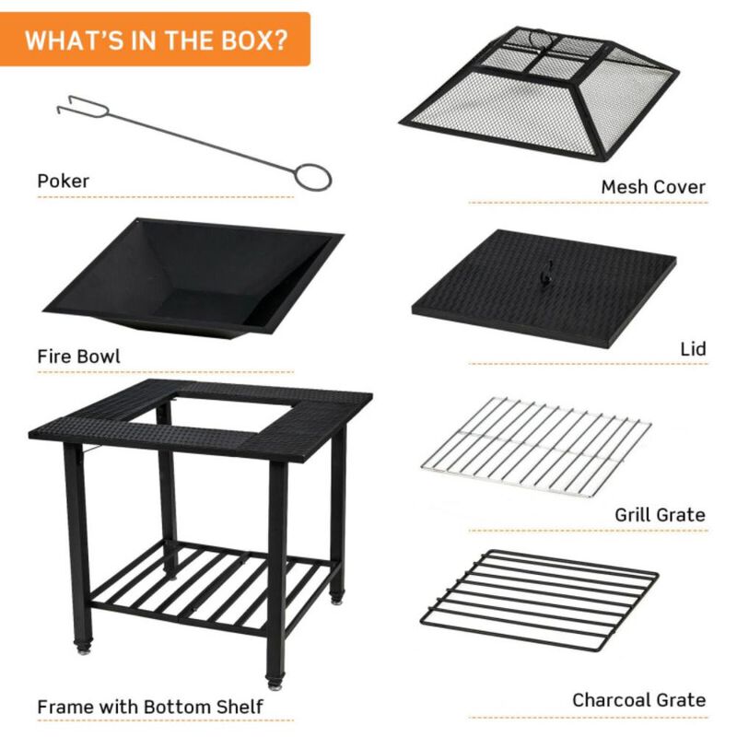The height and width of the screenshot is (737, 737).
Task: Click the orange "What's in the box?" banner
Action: (155, 41)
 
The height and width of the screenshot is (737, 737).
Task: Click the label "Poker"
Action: (64, 181)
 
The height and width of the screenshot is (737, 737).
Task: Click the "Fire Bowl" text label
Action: (78, 356)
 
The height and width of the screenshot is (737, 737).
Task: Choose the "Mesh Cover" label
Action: (652, 187)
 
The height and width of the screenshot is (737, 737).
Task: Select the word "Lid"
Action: (692, 349)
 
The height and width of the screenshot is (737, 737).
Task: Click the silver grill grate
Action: (536, 446)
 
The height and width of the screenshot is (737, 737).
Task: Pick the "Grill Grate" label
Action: (660, 515)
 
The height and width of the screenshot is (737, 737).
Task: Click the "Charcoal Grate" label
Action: (638, 700)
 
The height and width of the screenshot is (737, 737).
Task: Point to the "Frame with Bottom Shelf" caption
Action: (150, 707)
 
